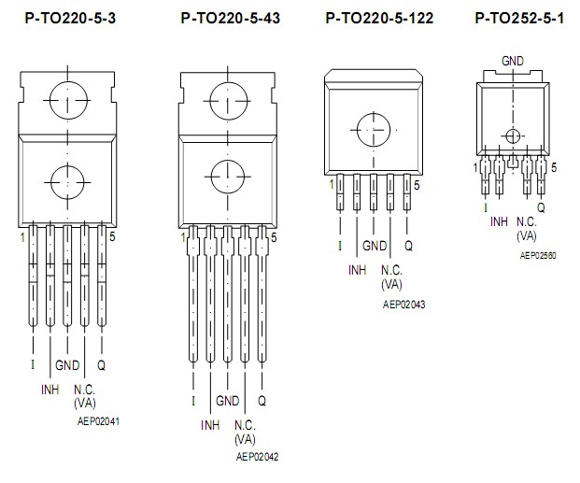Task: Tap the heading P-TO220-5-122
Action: pyautogui.click(x=379, y=18)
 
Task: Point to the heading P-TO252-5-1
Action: pyautogui.click(x=518, y=18)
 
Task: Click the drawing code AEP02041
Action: pyautogui.click(x=98, y=421)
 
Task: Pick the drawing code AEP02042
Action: pyautogui.click(x=258, y=457)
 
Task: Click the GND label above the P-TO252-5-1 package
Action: pyautogui.click(x=512, y=61)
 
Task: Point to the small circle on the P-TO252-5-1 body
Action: pyautogui.click(x=512, y=135)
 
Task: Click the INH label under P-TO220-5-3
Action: pyautogui.click(x=49, y=388)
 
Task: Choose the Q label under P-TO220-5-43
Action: pyautogui.click(x=262, y=401)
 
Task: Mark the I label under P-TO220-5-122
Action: pyautogui.click(x=340, y=246)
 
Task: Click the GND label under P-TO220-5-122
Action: pyautogui.click(x=375, y=246)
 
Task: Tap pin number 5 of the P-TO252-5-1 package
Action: pyautogui.click(x=554, y=167)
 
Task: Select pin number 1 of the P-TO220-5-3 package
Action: pyautogui.click(x=21, y=238)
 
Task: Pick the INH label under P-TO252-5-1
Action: pyautogui.click(x=500, y=221)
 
